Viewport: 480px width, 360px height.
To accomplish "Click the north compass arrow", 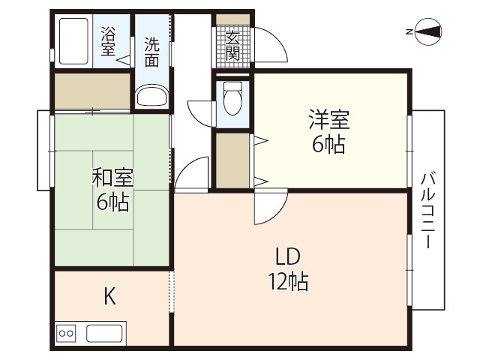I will [x=427, y=31].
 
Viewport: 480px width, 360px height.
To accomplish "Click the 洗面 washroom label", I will [x=152, y=52].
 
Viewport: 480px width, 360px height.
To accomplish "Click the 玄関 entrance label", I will [x=232, y=45].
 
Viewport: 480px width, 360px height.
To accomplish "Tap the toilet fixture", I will [x=232, y=97].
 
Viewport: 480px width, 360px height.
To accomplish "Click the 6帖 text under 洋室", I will [x=329, y=145].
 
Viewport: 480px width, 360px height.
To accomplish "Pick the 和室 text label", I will [x=112, y=178].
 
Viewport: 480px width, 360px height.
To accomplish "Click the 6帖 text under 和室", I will [x=112, y=202].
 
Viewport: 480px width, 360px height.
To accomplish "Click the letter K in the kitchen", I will [x=109, y=296].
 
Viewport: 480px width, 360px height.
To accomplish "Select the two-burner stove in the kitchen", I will [x=66, y=333].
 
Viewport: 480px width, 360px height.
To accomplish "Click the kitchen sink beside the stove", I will [x=104, y=333].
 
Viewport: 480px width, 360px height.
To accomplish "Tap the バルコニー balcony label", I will [x=428, y=211].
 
